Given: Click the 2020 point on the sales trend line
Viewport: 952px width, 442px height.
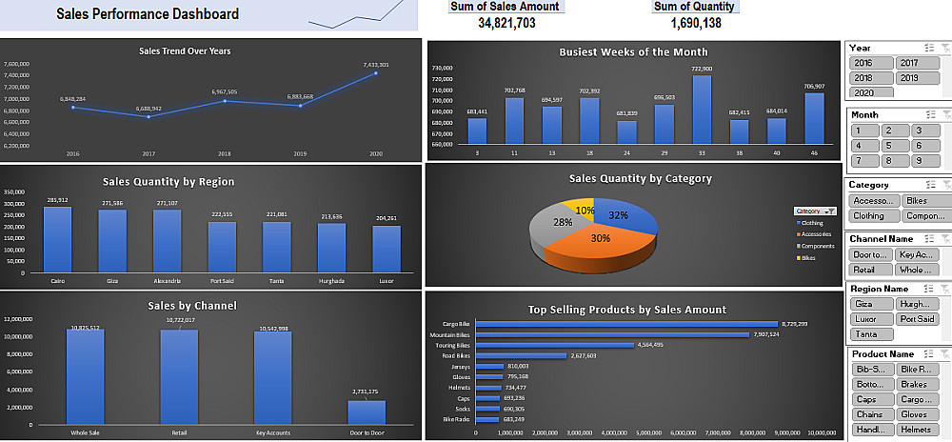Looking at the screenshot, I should pyautogui.click(x=376, y=73).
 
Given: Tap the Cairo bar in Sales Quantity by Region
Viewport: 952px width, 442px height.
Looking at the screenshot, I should pyautogui.click(x=57, y=240).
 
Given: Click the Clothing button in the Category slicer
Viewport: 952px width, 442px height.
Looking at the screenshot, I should pyautogui.click(x=868, y=216).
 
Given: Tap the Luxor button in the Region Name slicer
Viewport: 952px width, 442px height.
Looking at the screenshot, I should pyautogui.click(x=868, y=319).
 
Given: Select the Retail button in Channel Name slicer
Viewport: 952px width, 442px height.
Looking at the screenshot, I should pyautogui.click(x=868, y=270).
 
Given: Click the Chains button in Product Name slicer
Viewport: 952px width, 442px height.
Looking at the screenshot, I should pyautogui.click(x=868, y=414).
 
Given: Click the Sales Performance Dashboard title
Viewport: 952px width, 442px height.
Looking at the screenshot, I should pyautogui.click(x=148, y=14).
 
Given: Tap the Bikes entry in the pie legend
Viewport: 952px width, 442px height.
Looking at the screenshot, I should pyautogui.click(x=809, y=257).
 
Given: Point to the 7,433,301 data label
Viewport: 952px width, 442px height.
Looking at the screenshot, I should pyautogui.click(x=376, y=65).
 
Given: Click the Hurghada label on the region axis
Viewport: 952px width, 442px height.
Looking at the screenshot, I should pyautogui.click(x=332, y=281).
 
